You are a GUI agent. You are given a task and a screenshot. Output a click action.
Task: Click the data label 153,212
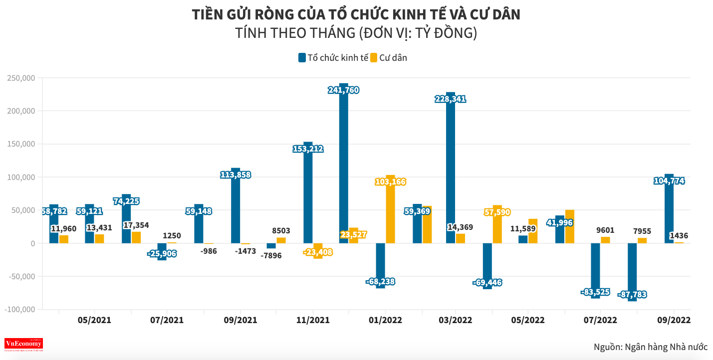[308, 149]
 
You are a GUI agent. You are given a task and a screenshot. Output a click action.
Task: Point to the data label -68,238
[380, 282]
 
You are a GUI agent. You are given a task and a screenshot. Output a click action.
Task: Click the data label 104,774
[669, 180]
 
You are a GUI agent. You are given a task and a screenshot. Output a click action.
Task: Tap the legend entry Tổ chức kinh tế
[333, 57]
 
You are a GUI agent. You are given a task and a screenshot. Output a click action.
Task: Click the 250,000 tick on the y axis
[20, 78]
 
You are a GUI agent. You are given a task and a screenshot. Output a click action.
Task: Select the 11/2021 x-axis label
[313, 320]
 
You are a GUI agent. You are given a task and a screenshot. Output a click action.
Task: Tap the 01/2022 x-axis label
[385, 320]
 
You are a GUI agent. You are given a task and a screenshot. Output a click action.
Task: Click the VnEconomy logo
[23, 344]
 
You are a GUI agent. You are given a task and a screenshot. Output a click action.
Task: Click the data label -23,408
[318, 252]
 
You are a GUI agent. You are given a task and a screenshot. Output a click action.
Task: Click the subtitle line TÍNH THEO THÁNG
[356, 33]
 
